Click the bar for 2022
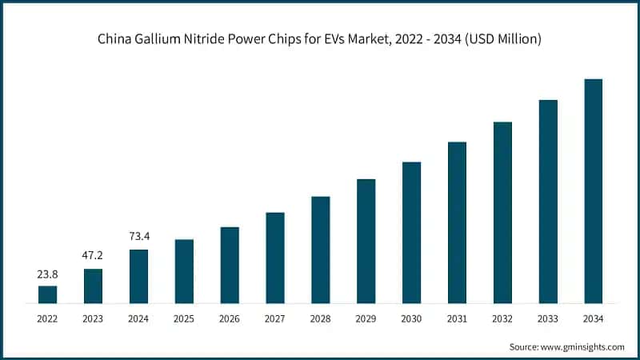[48, 294]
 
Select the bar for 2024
[138, 276]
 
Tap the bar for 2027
[275, 258]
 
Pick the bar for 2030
[411, 232]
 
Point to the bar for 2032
[502, 212]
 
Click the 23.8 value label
[48, 274]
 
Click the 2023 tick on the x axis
[94, 318]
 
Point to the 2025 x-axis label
[184, 318]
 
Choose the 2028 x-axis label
[320, 318]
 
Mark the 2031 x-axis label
[457, 318]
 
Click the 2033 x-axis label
[547, 318]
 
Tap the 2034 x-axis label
[593, 318]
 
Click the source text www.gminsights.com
[585, 346]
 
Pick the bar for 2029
[366, 241]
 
